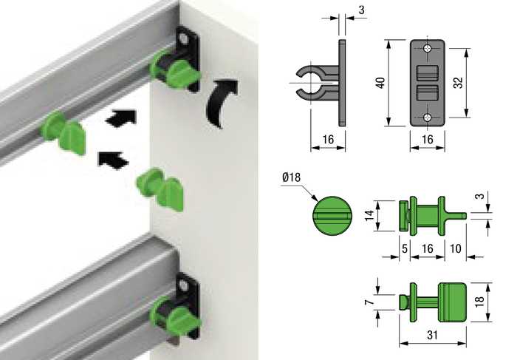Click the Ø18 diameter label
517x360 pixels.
[292, 177]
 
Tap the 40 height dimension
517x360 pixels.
[380, 83]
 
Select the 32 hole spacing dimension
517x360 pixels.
[459, 83]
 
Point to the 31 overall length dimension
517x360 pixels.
[432, 335]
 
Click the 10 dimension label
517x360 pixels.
[456, 248]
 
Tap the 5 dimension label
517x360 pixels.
[405, 248]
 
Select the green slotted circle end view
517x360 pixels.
[332, 216]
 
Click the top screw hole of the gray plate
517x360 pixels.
[428, 49]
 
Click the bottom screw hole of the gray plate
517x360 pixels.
[428, 117]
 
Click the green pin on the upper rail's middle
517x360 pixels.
[64, 132]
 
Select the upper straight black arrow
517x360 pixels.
[120, 118]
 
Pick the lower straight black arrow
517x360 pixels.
[113, 160]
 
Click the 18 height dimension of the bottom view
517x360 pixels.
[480, 302]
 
